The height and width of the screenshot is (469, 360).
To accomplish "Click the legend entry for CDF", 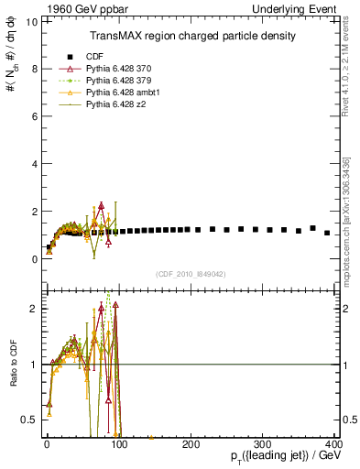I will click(93, 54).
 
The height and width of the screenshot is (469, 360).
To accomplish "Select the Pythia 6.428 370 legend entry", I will click(118, 68).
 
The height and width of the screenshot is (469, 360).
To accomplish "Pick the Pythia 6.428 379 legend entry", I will click(118, 81).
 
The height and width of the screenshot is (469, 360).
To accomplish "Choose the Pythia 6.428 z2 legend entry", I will click(114, 106).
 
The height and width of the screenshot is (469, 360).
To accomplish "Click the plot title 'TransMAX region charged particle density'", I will click(191, 36).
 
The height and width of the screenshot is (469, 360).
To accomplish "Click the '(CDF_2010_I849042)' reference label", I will click(191, 273).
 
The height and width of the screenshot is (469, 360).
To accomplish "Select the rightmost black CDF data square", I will click(327, 233).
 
